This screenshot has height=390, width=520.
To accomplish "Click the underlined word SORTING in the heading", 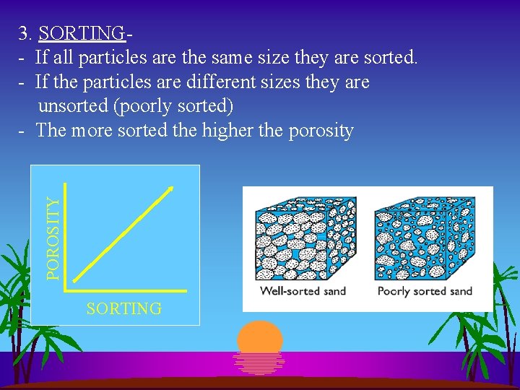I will tap(82, 33).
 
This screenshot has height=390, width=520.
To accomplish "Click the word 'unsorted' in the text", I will tap(73, 107).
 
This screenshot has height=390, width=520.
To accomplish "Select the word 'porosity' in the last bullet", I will tap(318, 131).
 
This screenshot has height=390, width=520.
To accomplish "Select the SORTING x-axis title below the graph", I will tap(123, 309).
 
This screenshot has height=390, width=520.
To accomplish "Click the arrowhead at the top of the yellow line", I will tap(170, 189).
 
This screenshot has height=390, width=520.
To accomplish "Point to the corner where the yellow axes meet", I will tap(66, 290).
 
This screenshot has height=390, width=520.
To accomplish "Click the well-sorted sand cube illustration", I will tap(303, 239).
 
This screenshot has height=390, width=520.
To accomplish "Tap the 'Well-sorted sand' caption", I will tap(303, 291).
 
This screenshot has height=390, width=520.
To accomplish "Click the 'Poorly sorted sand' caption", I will tap(425, 291).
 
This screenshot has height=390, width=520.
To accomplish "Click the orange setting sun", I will tap(260, 337).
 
